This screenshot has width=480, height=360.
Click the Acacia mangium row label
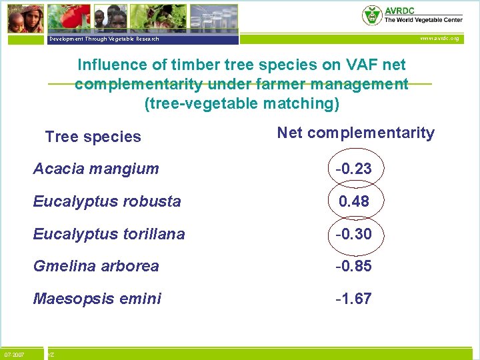[96, 169]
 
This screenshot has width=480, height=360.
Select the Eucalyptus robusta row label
[107, 201]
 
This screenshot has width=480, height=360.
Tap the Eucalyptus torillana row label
[109, 234]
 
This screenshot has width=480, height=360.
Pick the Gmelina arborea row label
[96, 266]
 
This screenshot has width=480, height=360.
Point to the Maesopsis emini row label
[97, 299]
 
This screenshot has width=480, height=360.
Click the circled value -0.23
[353, 169]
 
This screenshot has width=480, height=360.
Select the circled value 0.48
[353, 201]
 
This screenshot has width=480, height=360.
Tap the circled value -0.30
[353, 234]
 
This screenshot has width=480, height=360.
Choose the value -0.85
[353, 266]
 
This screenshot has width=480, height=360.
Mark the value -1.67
[353, 299]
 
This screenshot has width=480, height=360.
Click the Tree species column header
[93, 137]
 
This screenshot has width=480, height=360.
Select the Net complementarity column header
[355, 133]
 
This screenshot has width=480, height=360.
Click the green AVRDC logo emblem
[371, 15]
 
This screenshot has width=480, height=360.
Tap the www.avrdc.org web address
[439, 39]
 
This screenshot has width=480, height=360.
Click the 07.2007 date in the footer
[14, 355]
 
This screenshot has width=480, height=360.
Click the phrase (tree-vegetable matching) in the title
[241, 104]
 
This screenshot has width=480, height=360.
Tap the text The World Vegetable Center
[423, 20]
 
